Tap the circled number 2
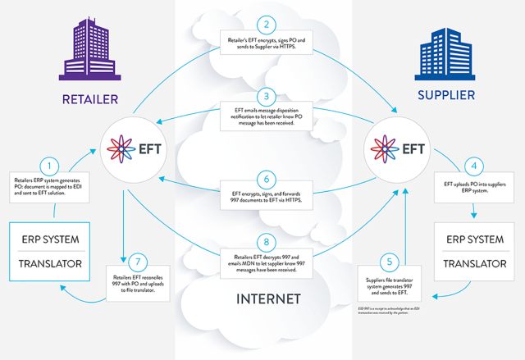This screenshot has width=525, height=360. coord(262,26)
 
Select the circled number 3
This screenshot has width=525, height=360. coord(262,95)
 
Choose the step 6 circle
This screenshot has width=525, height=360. coord(262,177)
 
